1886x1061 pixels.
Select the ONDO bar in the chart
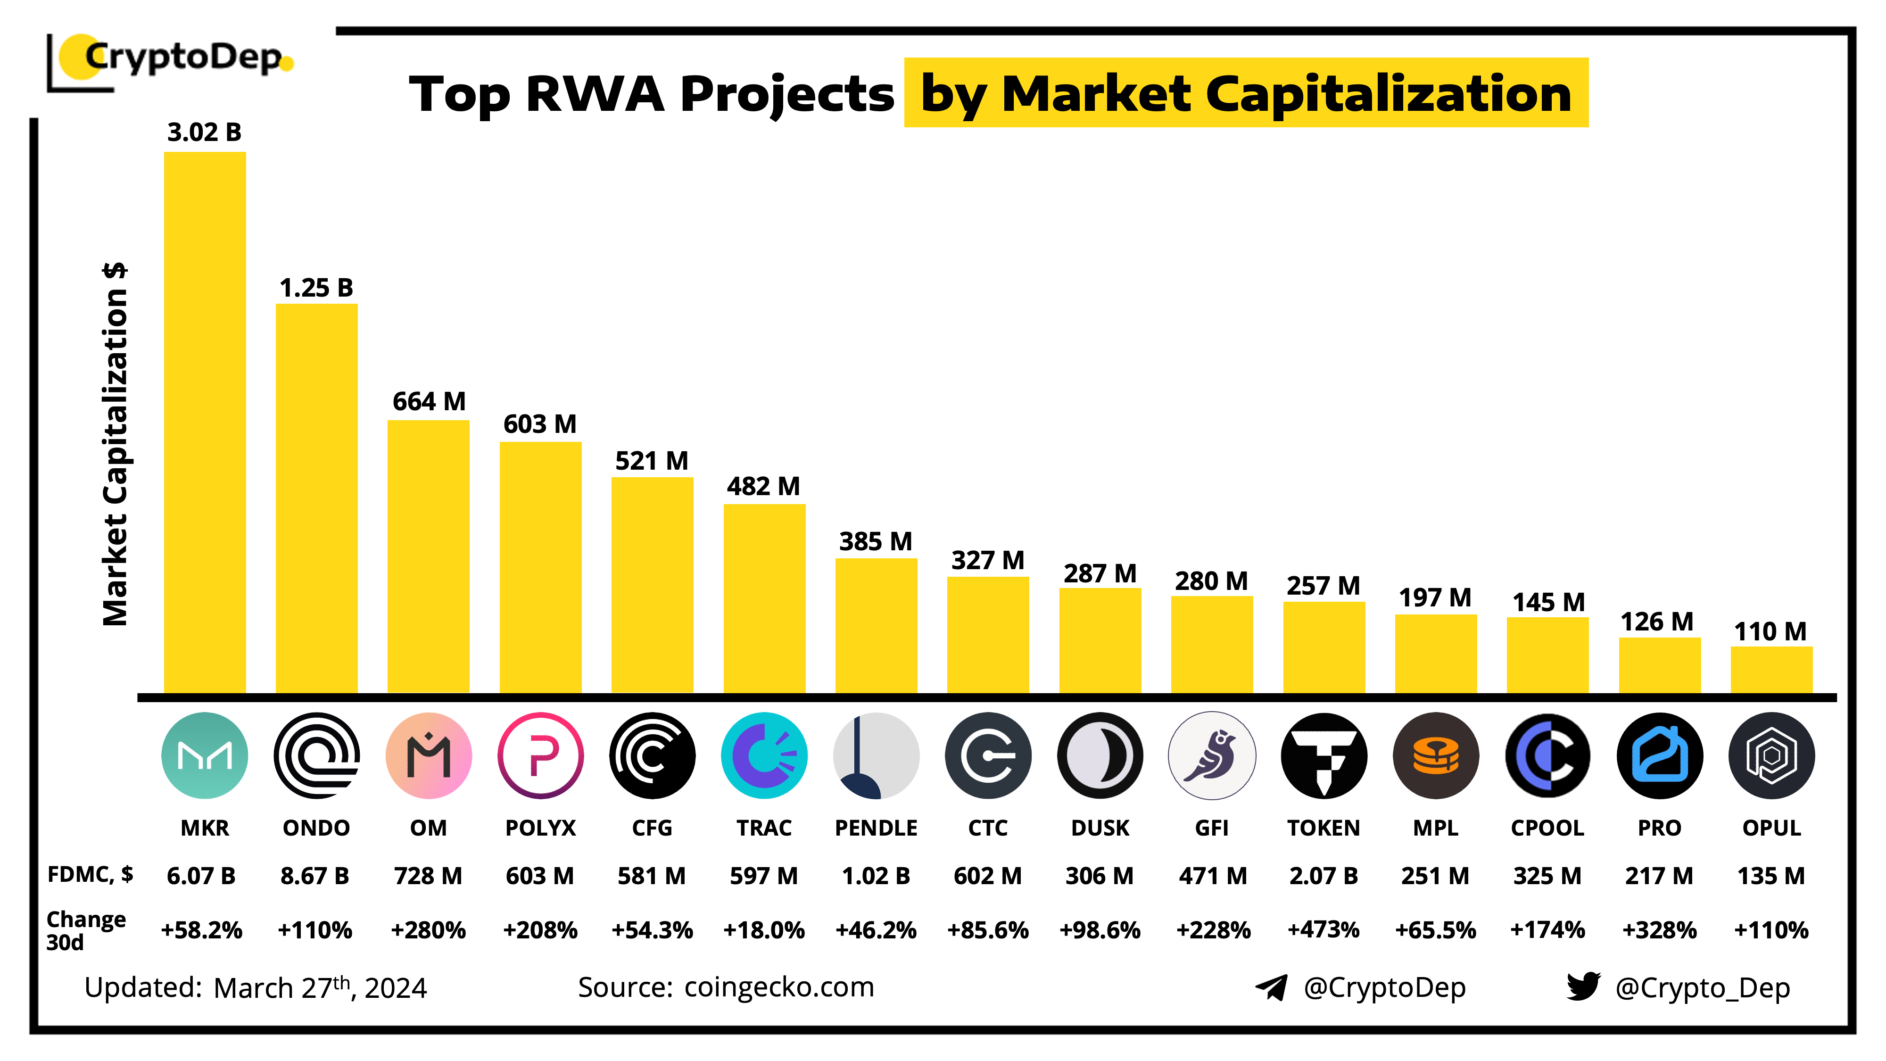pos(316,498)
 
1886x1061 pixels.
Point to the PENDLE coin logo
pos(876,755)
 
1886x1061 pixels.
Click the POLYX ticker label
pos(540,828)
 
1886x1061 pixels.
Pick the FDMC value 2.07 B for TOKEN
pos(1323,876)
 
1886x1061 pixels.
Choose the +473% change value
pos(1323,930)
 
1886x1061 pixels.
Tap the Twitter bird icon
pos(1583,986)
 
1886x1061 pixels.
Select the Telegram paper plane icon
pos(1271,987)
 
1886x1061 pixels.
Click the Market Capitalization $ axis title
pos(116,445)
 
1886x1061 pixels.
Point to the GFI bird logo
pos(1212,755)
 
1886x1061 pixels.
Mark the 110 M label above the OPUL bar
pos(1770,631)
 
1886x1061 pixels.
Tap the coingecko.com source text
pos(779,987)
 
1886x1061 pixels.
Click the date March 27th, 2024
pos(320,988)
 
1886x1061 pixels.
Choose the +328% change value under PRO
pos(1659,930)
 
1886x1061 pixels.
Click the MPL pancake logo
pos(1435,755)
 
